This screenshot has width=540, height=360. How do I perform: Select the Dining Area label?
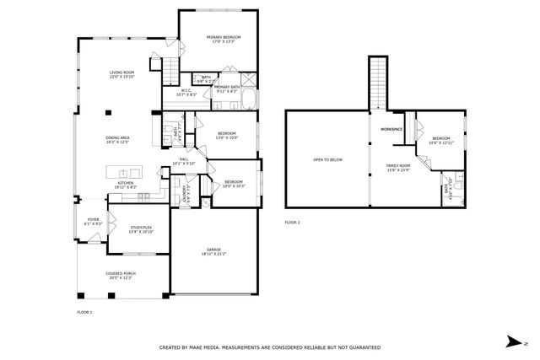coord(117,138)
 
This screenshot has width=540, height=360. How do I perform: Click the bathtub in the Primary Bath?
coord(249,102)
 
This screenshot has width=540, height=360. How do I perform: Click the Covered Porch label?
coord(121,273)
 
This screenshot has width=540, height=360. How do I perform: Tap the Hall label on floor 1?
coord(183,159)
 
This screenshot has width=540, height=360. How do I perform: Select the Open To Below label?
coord(327,159)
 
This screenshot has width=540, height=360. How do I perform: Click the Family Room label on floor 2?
coord(398,165)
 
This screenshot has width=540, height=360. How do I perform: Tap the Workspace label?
coord(391,129)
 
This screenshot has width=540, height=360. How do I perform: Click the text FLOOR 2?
coord(292,223)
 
